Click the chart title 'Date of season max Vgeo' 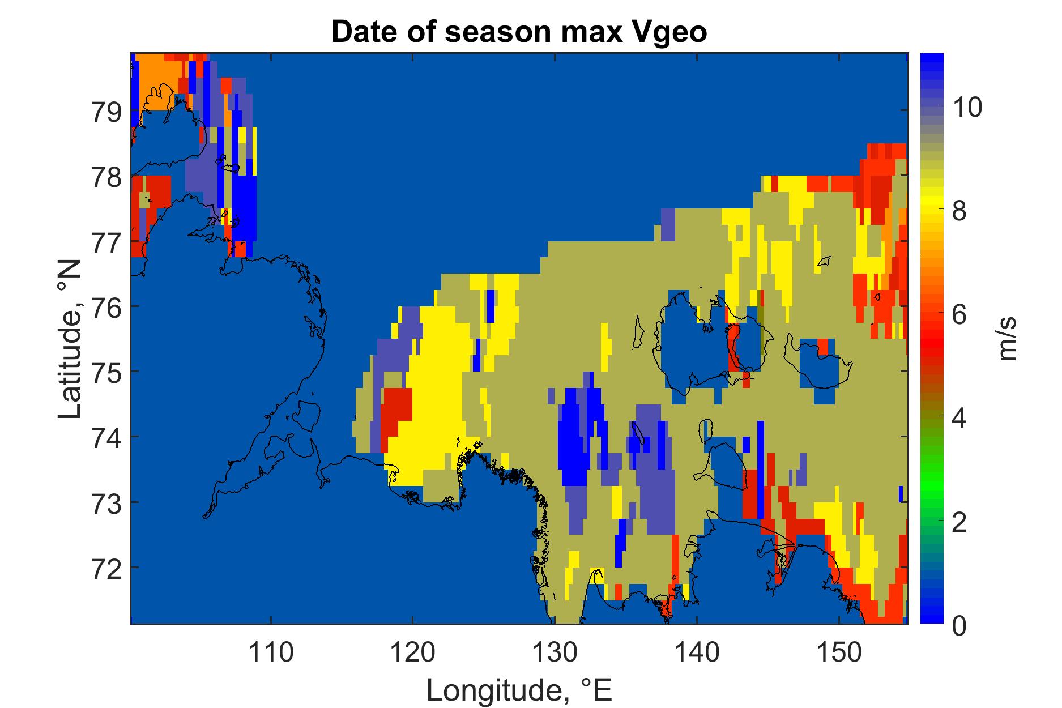[519, 32]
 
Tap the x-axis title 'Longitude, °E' [519, 690]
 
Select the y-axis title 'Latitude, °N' [71, 340]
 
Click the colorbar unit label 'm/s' [1008, 339]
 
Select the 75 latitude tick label [106, 372]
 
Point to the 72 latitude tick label [106, 567]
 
